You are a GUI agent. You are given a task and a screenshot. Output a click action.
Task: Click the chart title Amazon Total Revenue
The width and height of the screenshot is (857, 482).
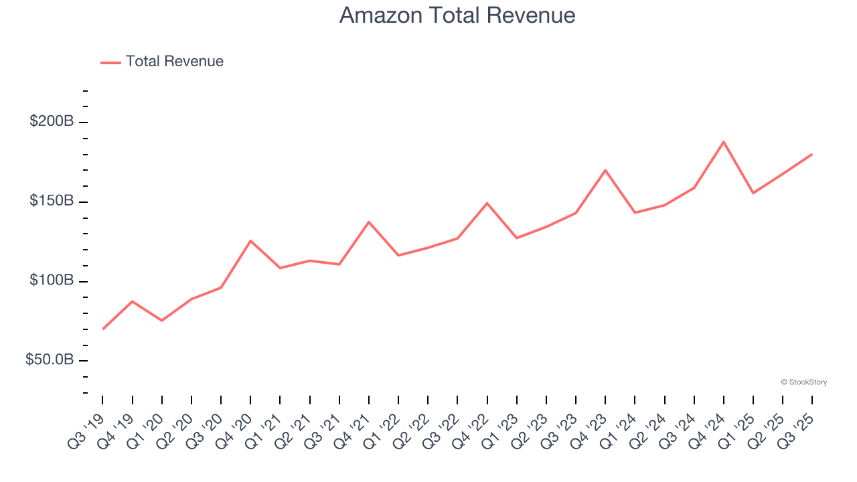[x=457, y=15]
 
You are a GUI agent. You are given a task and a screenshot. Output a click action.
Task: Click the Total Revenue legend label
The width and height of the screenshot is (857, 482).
[x=174, y=62]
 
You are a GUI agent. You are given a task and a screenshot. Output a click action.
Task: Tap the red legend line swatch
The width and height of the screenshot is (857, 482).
[x=110, y=62]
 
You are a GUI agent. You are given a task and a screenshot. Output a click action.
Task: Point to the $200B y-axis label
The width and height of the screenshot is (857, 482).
[x=52, y=122]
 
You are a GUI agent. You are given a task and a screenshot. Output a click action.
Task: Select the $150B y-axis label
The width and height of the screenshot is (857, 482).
[x=52, y=202]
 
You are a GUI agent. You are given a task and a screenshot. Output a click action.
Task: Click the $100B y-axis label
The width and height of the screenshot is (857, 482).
[x=52, y=280]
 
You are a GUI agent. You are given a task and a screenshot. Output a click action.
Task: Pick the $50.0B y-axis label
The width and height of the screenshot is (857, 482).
[x=50, y=360]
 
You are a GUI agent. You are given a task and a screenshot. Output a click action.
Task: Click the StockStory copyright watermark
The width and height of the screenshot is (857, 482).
[x=803, y=382]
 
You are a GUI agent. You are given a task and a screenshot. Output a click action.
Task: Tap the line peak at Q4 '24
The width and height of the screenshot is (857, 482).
[x=724, y=142]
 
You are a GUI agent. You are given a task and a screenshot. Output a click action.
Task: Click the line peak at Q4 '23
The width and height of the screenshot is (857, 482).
[x=605, y=170]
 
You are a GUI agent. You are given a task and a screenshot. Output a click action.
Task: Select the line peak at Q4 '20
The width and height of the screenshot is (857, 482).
[x=250, y=240]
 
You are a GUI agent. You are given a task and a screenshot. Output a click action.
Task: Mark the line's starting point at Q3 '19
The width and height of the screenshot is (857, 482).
[x=102, y=329]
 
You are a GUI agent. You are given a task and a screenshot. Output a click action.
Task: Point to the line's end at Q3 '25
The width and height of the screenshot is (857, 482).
[x=812, y=154]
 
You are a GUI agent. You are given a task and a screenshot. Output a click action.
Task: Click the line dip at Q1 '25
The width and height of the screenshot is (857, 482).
[x=753, y=193]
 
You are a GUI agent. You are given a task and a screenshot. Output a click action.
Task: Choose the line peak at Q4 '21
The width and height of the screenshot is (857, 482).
[x=369, y=222]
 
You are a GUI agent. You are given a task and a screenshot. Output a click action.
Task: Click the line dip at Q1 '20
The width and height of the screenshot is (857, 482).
[x=162, y=321]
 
